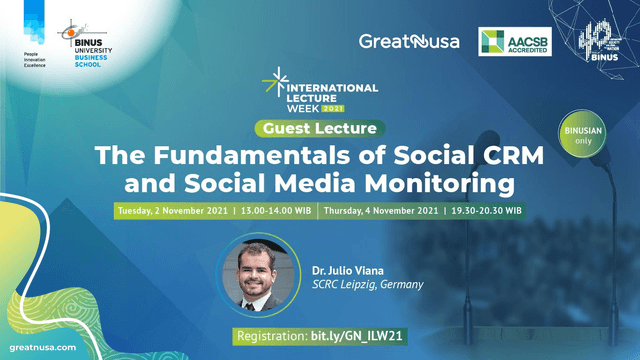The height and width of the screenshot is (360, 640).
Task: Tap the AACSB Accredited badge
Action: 516,42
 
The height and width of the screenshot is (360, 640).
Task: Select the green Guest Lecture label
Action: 319,129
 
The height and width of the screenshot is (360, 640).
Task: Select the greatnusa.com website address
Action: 40,346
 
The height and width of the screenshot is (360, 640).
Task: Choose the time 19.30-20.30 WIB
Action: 485,211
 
